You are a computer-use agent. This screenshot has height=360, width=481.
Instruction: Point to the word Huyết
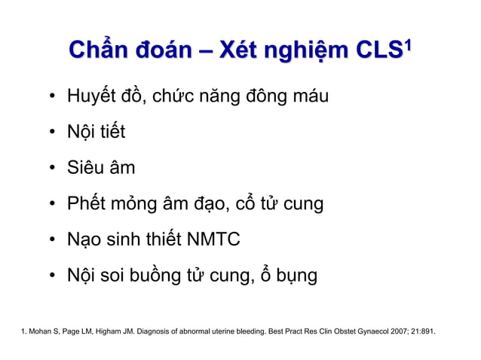(93, 98)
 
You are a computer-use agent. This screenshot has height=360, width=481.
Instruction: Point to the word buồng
(166, 276)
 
